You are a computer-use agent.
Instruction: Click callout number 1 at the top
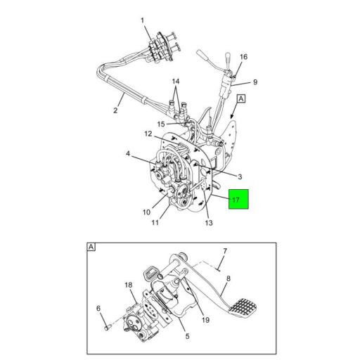[144, 20]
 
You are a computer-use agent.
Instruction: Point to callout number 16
[243, 57]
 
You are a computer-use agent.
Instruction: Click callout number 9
[255, 82]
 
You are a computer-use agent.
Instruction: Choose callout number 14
[176, 82]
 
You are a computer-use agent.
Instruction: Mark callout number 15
[161, 125]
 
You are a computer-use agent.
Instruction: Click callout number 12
[149, 134]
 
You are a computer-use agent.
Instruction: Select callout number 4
[128, 153]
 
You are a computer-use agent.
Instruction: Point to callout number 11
[155, 224]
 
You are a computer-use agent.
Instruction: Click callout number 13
[209, 224]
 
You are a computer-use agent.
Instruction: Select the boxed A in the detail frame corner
[91, 247]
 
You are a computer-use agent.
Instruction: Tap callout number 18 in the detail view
[129, 285]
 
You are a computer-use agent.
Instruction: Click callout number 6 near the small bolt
[98, 307]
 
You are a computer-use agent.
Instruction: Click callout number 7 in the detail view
[225, 251]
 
